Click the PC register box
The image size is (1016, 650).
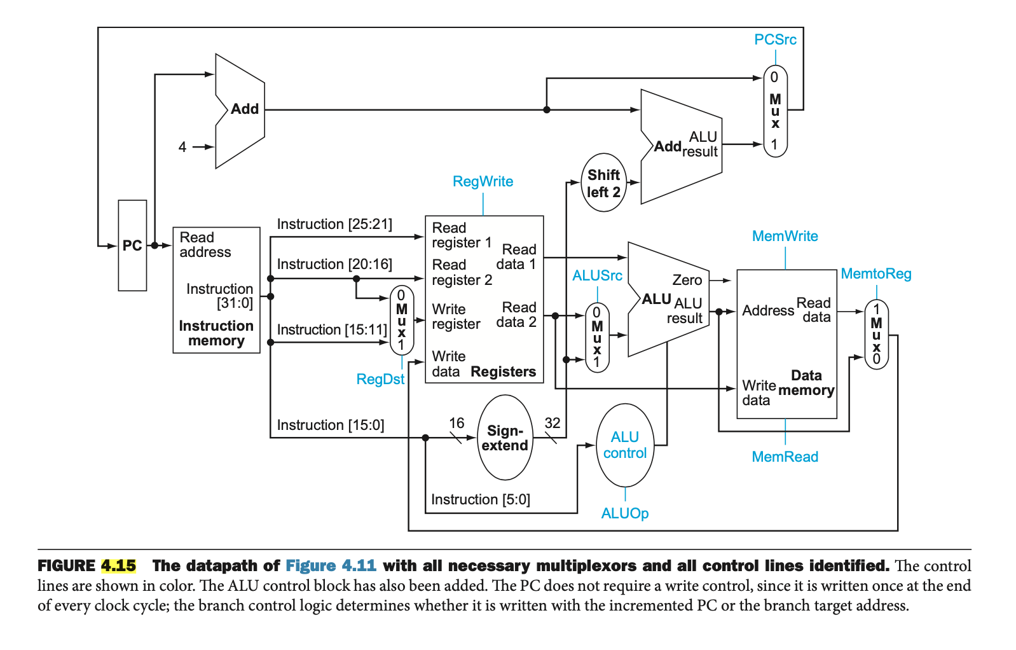(132, 245)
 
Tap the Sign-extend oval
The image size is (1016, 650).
(505, 438)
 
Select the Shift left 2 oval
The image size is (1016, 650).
(603, 183)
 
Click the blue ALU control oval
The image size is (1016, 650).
(625, 445)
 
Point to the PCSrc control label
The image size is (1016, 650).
(775, 39)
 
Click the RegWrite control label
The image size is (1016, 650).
(483, 181)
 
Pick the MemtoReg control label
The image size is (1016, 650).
(875, 273)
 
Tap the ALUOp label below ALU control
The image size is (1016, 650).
(625, 513)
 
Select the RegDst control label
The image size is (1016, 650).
(380, 379)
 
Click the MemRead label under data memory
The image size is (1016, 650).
(785, 457)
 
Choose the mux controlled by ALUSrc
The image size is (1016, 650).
(596, 337)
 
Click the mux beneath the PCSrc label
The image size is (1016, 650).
(775, 111)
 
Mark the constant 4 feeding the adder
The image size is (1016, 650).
(182, 147)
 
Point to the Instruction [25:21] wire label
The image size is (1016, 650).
(334, 224)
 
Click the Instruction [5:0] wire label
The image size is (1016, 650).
(480, 499)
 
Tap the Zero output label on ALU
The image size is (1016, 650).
(687, 280)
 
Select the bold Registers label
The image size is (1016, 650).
(503, 371)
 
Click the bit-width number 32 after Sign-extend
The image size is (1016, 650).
(553, 423)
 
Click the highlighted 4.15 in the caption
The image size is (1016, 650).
(118, 565)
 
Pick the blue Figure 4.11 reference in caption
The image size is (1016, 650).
(331, 565)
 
